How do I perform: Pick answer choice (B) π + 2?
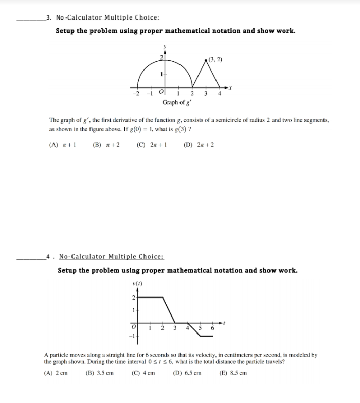(106, 145)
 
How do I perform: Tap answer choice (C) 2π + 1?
(152, 145)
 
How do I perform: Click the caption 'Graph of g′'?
(174, 102)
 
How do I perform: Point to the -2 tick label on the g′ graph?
(135, 94)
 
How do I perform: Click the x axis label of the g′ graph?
(231, 87)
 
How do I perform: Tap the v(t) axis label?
(137, 284)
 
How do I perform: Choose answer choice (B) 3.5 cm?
(99, 373)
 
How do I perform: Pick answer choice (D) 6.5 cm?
(187, 373)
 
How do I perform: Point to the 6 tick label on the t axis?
(212, 328)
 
